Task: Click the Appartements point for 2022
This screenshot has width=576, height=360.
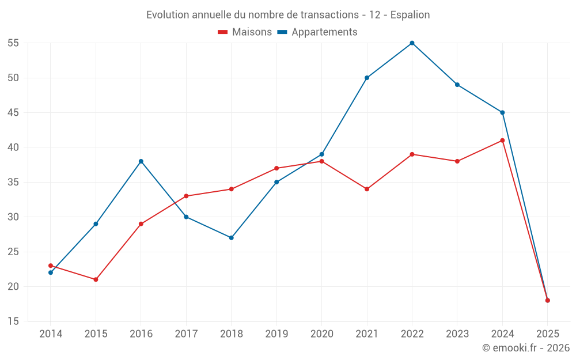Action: pyautogui.click(x=412, y=43)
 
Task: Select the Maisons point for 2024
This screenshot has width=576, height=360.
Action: pyautogui.click(x=502, y=141)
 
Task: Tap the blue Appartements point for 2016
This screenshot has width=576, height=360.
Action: pyautogui.click(x=141, y=161)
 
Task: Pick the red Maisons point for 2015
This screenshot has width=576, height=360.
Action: pyautogui.click(x=96, y=279)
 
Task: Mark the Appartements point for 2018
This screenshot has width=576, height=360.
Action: pyautogui.click(x=232, y=237)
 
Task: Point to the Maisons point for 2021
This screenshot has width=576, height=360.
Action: pyautogui.click(x=367, y=189)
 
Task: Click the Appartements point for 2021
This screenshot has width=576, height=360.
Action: pyautogui.click(x=367, y=78)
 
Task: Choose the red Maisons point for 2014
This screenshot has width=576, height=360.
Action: pyautogui.click(x=51, y=266)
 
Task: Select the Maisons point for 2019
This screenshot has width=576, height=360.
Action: pyautogui.click(x=276, y=168)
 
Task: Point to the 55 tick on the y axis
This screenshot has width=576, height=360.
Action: pyautogui.click(x=13, y=43)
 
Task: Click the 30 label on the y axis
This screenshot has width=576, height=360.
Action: pyautogui.click(x=13, y=217)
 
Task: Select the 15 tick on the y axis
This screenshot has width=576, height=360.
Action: pyautogui.click(x=13, y=321)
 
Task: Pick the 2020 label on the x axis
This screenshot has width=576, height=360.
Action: pyautogui.click(x=321, y=334)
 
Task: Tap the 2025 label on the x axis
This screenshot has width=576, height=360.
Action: pyautogui.click(x=547, y=334)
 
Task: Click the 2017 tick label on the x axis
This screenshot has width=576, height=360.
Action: pyautogui.click(x=186, y=334)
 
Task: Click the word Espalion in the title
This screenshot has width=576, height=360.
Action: pyautogui.click(x=410, y=15)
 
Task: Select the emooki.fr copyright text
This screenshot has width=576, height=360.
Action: pyautogui.click(x=525, y=348)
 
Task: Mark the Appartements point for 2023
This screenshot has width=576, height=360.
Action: pyautogui.click(x=457, y=85)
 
